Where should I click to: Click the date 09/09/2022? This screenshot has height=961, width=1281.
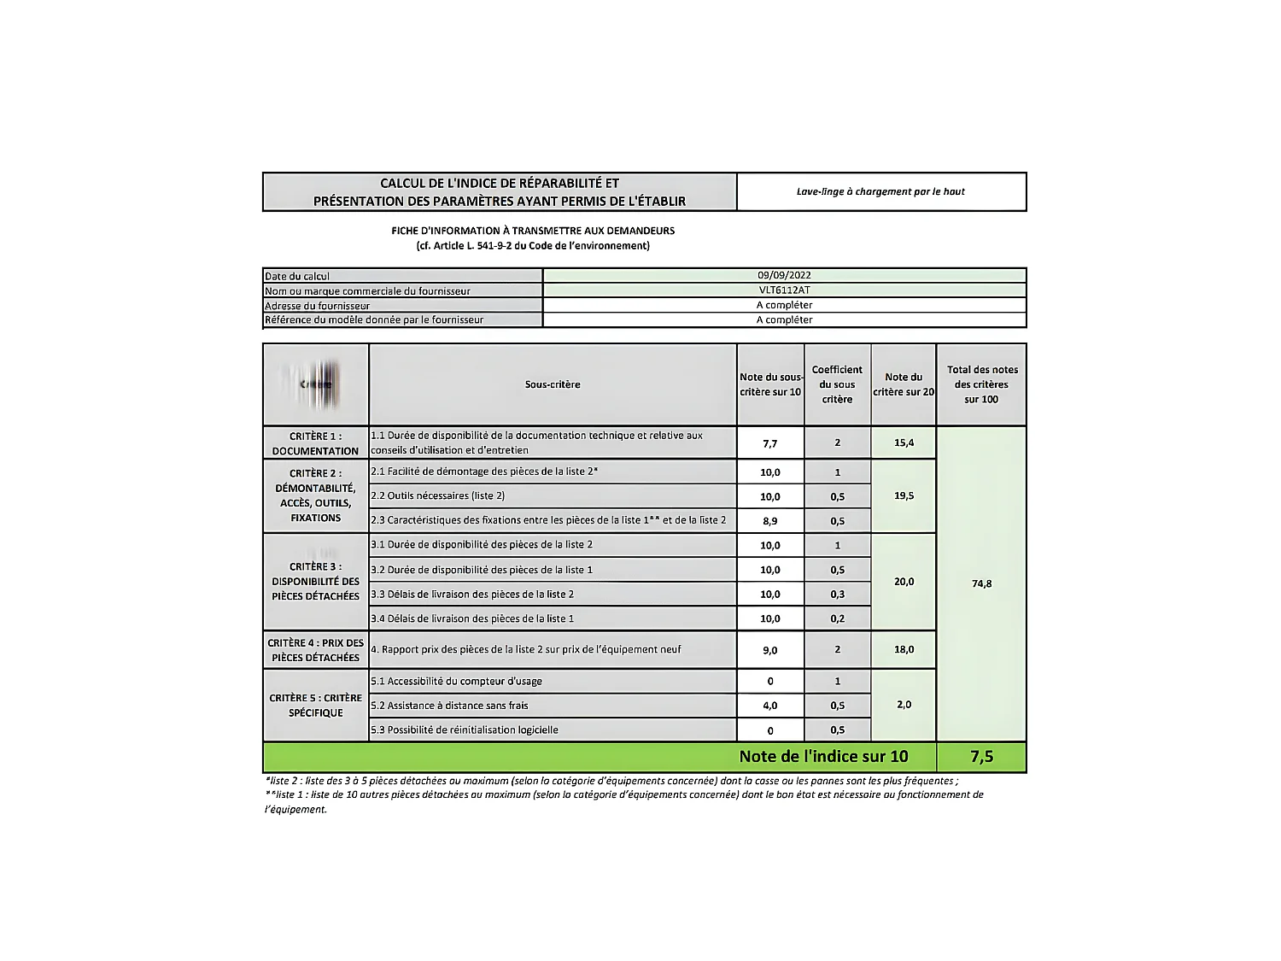(784, 275)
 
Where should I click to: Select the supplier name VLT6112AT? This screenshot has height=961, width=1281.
(784, 290)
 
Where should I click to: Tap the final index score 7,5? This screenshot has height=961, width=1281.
(981, 757)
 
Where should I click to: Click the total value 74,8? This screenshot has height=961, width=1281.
(981, 584)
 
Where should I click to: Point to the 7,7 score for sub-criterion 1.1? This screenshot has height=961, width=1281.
(769, 443)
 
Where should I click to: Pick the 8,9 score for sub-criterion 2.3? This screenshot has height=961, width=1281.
(769, 521)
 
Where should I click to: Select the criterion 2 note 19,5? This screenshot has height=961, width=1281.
(904, 495)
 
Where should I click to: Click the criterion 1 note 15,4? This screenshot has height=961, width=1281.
(904, 442)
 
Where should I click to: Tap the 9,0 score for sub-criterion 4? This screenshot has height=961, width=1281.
(769, 650)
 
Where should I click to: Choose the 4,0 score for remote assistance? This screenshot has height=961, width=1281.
(769, 706)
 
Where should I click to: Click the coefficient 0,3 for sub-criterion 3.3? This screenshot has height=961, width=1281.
(837, 595)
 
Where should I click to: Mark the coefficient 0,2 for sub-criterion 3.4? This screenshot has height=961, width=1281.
(837, 618)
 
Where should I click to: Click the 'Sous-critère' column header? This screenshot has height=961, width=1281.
(553, 384)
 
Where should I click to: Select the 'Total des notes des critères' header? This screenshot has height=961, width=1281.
(982, 384)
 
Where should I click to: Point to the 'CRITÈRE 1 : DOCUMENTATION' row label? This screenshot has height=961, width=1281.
(315, 443)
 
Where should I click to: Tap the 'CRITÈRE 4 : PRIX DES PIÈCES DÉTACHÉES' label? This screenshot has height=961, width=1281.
(315, 650)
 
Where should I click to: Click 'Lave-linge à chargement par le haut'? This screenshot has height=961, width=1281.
(880, 191)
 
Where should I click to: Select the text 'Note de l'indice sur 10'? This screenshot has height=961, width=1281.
(823, 757)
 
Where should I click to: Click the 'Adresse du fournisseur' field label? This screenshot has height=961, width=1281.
(318, 306)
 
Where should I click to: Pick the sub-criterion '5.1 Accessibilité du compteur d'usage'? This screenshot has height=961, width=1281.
(456, 682)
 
